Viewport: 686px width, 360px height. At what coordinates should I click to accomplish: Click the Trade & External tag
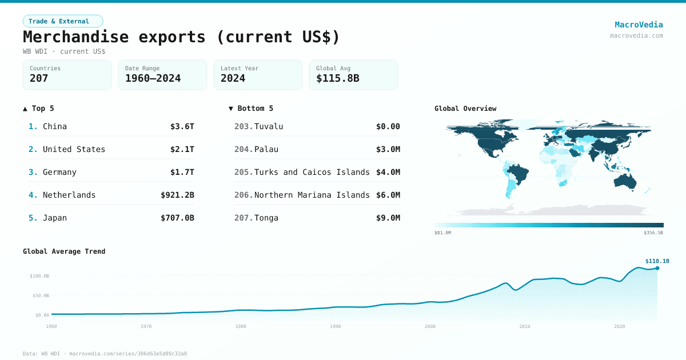point(63,21)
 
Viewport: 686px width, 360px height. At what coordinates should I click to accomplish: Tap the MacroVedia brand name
point(639,25)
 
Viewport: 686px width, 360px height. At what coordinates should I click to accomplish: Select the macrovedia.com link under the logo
point(636,35)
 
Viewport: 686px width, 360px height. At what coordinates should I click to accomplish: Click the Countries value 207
point(39,78)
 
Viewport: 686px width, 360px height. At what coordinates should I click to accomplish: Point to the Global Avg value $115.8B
point(337,78)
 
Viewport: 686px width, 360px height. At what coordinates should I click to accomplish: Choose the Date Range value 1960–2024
point(153,78)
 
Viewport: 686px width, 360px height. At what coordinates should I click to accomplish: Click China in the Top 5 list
point(55,126)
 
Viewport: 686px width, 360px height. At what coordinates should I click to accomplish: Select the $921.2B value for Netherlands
point(177,195)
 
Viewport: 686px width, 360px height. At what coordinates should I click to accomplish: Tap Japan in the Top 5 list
point(55,218)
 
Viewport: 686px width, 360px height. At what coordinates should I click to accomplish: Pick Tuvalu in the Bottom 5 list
point(269,126)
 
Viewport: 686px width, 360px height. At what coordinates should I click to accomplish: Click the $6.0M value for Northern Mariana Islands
point(388,195)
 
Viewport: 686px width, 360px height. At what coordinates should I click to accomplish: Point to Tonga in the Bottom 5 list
point(266,218)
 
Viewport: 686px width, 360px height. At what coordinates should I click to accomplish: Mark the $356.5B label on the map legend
point(653,233)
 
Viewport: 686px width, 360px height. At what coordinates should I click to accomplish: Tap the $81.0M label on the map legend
point(443,233)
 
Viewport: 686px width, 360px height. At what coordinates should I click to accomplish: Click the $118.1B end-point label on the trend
point(657,261)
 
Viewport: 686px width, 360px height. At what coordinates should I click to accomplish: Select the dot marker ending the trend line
point(657,268)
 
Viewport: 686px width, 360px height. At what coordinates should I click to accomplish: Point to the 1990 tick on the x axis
point(335,326)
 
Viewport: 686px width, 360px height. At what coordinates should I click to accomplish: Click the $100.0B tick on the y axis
point(39,276)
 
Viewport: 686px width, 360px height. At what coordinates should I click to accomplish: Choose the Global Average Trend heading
point(64,251)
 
